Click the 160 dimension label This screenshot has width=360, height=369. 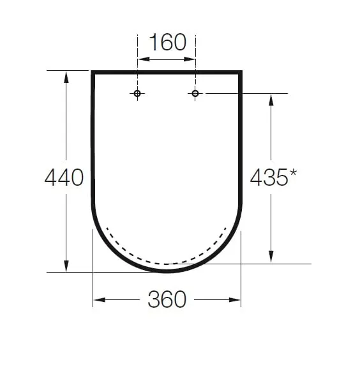click(x=167, y=42)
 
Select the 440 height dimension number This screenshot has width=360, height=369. click(x=64, y=177)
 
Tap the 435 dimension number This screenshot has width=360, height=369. click(x=269, y=177)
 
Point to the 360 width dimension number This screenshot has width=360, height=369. click(x=167, y=299)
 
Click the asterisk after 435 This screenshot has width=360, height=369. click(x=293, y=173)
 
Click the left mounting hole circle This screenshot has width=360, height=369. click(x=137, y=93)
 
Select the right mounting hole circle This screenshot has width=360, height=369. click(x=195, y=93)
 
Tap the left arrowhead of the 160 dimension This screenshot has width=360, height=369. click(x=144, y=59)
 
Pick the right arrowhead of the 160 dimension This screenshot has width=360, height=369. click(x=189, y=59)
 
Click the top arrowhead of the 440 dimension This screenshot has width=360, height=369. click(x=66, y=77)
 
